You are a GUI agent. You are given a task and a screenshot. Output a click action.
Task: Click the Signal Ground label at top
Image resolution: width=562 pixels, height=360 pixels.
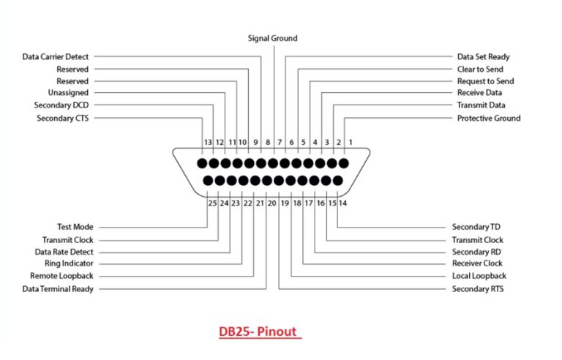coord(272,38)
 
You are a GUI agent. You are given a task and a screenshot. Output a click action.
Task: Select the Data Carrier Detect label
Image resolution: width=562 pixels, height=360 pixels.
coord(56,56)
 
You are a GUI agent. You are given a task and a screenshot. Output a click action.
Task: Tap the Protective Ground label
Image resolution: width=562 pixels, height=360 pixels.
coord(489,118)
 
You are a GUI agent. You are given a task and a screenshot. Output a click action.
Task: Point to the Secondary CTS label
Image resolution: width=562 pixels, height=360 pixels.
coord(62,118)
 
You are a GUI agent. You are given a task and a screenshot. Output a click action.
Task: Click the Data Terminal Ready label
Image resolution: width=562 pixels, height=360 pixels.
coord(59,289)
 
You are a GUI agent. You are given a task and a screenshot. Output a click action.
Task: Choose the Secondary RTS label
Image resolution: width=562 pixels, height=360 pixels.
coord(478,289)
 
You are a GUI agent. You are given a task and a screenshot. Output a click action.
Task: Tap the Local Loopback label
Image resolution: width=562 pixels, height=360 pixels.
coord(479,277)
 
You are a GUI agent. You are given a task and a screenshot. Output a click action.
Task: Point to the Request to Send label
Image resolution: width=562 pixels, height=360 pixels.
coord(485,81)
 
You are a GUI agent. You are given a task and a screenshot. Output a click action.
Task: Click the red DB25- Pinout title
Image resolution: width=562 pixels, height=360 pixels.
coord(258,331)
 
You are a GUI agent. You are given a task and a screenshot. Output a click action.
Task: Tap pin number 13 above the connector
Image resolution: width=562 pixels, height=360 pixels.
coord(208,143)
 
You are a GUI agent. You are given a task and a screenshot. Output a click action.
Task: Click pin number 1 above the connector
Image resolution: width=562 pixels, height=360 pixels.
coord(350,143)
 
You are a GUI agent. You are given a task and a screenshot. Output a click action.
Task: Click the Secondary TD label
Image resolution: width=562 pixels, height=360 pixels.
coord(476,228)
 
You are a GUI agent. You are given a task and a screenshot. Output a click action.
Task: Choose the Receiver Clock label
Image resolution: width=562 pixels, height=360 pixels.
coord(477,264)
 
